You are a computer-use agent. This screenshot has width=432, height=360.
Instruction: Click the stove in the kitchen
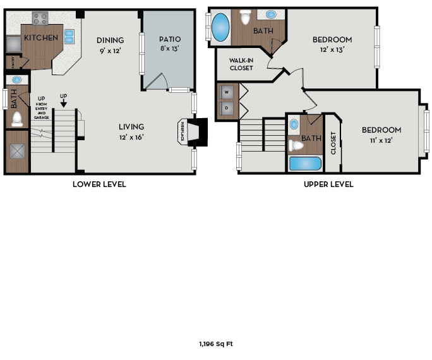[x=40, y=18]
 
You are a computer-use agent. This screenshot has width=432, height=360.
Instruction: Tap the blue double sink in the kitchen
[x=69, y=36]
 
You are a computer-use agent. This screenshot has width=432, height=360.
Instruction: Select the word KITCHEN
[x=41, y=38]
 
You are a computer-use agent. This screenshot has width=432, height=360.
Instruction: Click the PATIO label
[x=170, y=39]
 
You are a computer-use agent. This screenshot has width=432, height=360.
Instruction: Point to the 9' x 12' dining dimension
[x=110, y=51]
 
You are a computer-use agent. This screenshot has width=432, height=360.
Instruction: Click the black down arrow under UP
[x=63, y=104]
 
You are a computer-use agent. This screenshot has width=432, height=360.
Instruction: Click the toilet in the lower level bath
[x=17, y=119]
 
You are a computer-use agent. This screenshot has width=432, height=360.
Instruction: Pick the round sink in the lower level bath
[x=17, y=80]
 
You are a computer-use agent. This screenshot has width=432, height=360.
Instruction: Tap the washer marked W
[x=227, y=92]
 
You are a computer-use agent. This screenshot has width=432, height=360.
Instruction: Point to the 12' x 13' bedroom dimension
[x=332, y=50]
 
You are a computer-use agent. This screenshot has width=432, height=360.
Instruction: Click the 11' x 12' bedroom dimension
[x=381, y=140]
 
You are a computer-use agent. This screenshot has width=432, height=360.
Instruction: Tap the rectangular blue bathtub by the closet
[x=305, y=164]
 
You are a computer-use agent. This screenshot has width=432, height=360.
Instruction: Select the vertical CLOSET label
[x=333, y=143]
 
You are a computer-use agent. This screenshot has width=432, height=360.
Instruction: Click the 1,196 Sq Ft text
[x=216, y=344]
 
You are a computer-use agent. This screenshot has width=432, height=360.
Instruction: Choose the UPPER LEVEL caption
[x=328, y=184]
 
